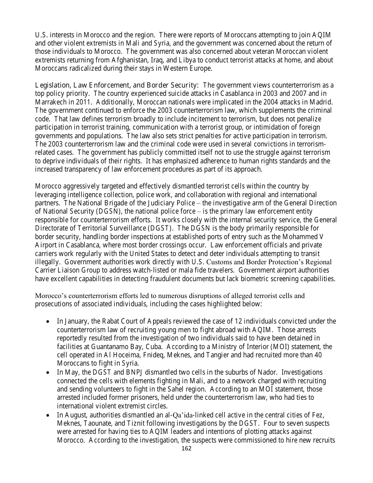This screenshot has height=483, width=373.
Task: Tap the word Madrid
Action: tap(321, 102)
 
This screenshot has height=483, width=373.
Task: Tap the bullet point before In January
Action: tap(48, 322)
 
